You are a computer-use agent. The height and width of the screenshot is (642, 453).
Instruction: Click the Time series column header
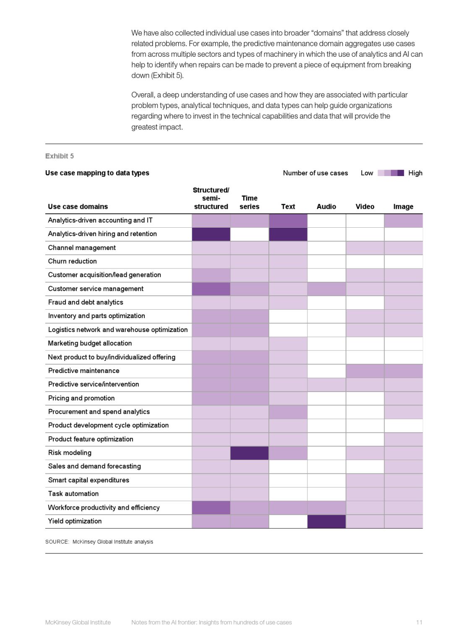point(249,202)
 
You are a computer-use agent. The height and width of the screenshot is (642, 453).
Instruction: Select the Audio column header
point(326,206)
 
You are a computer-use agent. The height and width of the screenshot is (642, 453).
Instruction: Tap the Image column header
point(403,206)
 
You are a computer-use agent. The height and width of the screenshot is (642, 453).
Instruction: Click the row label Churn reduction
point(72,261)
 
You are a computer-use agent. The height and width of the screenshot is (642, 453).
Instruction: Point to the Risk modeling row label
point(70,453)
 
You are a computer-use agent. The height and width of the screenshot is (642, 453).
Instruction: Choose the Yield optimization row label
point(75,521)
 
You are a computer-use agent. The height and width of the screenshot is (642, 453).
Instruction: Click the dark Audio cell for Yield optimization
point(326,521)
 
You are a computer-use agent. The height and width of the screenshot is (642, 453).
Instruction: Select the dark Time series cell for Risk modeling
point(249,453)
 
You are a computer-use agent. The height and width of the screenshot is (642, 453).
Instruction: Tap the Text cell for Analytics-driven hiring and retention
point(288,234)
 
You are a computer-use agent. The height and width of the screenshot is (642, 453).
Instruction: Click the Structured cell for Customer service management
point(211,289)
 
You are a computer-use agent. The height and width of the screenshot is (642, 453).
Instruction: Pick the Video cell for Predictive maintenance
point(365,371)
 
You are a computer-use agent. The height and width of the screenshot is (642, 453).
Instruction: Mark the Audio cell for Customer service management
point(326,289)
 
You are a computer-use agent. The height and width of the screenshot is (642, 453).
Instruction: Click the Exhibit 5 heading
point(60,156)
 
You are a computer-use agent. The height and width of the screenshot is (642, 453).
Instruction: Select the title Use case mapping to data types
point(97,173)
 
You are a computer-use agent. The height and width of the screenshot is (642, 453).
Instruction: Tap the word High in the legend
point(415,173)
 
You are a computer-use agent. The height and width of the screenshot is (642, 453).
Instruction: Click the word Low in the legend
point(367,173)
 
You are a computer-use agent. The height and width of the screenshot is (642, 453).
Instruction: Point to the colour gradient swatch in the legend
point(391,173)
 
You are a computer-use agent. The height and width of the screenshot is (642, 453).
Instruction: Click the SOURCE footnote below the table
point(99,542)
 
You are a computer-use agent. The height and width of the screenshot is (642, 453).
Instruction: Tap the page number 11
point(419,622)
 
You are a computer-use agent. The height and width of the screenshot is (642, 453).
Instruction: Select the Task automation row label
point(73,494)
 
